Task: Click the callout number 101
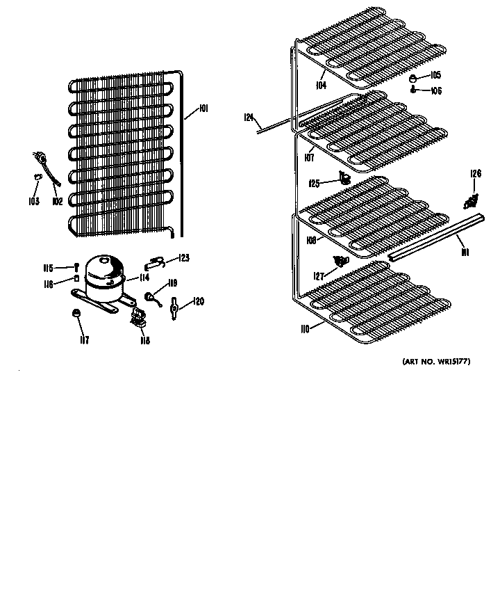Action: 203,108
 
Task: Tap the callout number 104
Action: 321,86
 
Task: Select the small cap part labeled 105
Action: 414,78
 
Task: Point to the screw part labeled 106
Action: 413,90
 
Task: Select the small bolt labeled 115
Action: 75,268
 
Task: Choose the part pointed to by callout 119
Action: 149,296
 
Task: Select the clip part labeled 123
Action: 156,262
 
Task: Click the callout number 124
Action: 249,118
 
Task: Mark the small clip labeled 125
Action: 342,179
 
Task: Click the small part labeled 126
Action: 470,201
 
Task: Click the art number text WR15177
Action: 435,362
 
